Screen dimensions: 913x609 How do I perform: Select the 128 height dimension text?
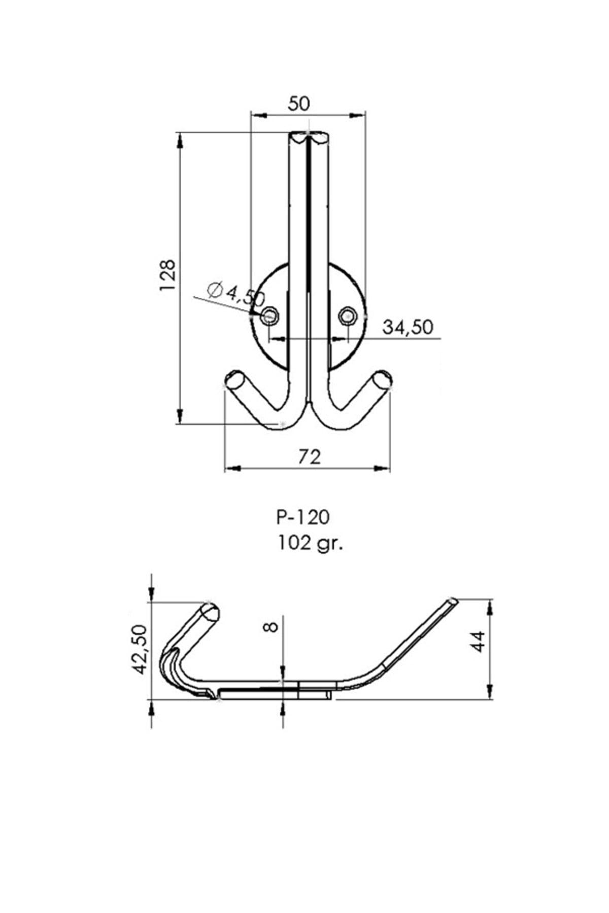click(167, 275)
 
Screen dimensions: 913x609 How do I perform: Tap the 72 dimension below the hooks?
click(309, 456)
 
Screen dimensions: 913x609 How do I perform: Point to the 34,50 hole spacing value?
click(408, 327)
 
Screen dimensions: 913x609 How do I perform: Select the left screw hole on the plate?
click(270, 317)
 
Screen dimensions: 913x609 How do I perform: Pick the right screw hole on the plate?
click(348, 317)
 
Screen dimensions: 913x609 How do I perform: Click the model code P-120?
click(303, 517)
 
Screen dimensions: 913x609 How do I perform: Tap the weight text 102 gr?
click(310, 543)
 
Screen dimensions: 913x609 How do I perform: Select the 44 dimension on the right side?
click(480, 641)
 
